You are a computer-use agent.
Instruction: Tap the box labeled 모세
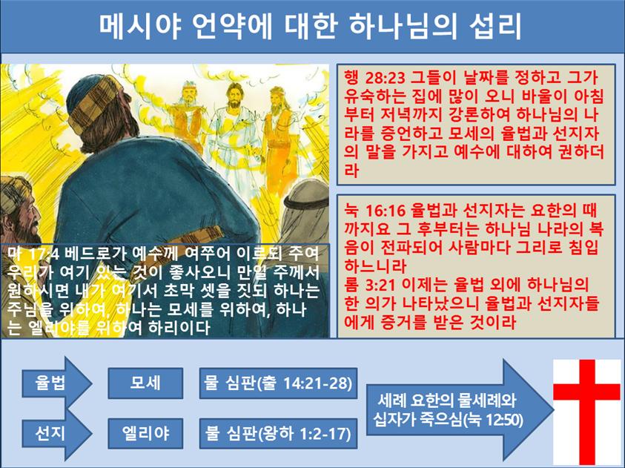(145, 383)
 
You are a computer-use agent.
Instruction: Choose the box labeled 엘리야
(145, 433)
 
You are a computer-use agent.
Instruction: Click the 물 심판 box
(278, 383)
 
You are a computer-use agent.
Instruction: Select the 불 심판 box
(278, 433)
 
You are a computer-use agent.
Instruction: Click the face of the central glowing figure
(235, 95)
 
